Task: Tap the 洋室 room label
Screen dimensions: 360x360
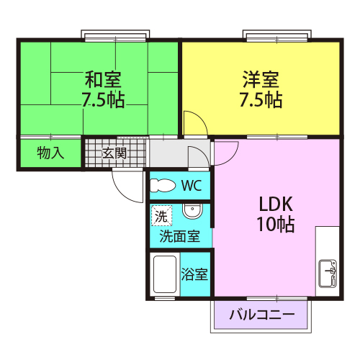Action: click(x=260, y=78)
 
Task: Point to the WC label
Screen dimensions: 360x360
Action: click(x=191, y=186)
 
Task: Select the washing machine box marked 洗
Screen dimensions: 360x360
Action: click(x=160, y=215)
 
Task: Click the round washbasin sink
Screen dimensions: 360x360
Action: click(x=192, y=212)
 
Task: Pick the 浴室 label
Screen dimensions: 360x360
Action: click(x=194, y=274)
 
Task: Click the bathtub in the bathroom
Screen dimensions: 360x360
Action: click(x=166, y=274)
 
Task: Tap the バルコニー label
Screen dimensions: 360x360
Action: click(x=263, y=315)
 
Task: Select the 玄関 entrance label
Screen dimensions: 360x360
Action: click(x=114, y=153)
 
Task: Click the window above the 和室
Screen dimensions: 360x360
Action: click(x=115, y=35)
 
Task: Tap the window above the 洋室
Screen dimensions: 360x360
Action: click(x=278, y=35)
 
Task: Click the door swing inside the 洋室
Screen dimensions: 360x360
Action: click(x=192, y=122)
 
